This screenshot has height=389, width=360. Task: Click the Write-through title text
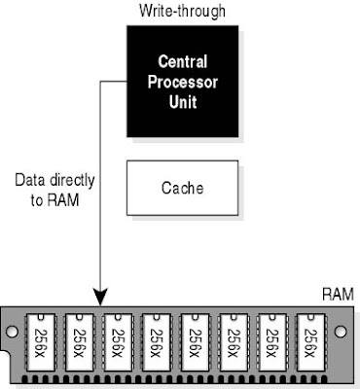tap(182, 11)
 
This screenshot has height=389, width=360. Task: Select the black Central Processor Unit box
tap(183, 82)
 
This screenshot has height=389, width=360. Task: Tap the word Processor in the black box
tap(183, 82)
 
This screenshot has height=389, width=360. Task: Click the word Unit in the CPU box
tap(183, 101)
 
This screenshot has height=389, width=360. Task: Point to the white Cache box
tap(182, 188)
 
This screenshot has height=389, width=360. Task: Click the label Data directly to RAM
tap(54, 190)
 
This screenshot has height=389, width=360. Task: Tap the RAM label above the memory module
tap(338, 295)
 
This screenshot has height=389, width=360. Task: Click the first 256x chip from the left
tap(41, 342)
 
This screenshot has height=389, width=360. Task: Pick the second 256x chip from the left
tap(79, 342)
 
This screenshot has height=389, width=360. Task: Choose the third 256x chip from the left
tap(118, 342)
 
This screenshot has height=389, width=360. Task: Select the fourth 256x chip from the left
tap(157, 342)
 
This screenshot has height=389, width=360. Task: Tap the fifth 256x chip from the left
tap(195, 342)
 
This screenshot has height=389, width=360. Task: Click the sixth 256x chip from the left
tap(234, 342)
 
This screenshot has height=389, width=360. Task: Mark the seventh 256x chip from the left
tap(272, 342)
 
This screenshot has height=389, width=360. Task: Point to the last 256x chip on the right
tap(310, 342)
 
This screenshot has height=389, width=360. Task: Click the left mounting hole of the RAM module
tap(12, 332)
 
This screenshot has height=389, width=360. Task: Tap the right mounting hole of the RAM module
tap(341, 332)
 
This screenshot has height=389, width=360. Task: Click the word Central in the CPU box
tap(183, 61)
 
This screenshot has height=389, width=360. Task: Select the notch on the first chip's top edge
tap(41, 316)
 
